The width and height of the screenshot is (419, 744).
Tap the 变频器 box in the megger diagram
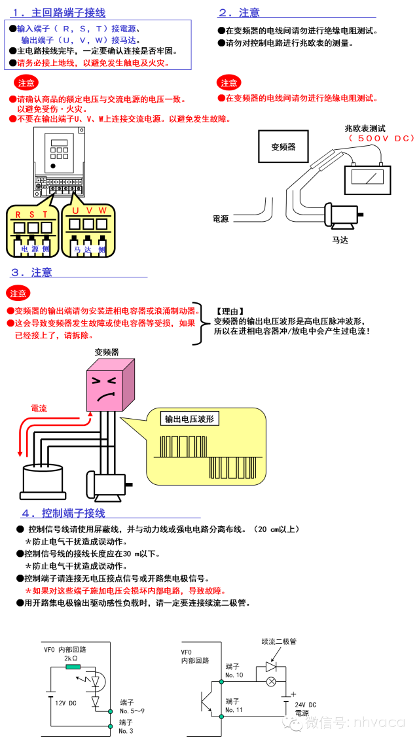click(x=283, y=147)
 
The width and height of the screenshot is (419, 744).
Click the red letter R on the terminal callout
click(x=18, y=215)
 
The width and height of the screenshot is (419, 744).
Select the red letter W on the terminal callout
click(x=103, y=210)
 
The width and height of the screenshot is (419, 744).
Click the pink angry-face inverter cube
click(x=111, y=386)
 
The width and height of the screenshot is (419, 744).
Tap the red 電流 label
click(x=39, y=408)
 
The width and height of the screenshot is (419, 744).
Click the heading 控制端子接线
click(x=73, y=513)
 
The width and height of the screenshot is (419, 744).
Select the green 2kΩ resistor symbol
click(x=73, y=667)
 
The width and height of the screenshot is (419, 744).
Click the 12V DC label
click(x=65, y=703)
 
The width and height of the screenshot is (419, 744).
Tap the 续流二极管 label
click(x=278, y=641)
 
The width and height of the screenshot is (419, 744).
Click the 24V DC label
click(x=306, y=705)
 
